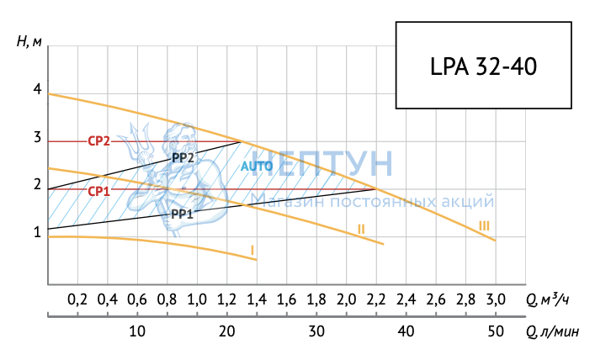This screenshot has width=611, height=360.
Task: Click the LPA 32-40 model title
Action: point(482,66)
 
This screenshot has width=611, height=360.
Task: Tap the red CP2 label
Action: point(99,140)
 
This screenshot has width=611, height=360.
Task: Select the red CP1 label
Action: point(99,191)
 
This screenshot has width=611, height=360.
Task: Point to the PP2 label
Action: point(183,157)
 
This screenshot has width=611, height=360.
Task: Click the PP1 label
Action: point(182,214)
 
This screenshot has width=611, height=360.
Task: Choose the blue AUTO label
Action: point(257,167)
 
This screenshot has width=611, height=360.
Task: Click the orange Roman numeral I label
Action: point(252,250)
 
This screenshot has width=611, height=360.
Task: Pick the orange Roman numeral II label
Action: point(360,229)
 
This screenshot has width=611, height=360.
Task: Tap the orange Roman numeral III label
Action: point(484,225)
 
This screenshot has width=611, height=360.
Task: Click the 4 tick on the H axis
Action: point(37,89)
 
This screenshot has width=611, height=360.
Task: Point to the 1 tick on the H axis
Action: point(37,232)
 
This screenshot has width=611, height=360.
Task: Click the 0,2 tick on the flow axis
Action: point(77,299)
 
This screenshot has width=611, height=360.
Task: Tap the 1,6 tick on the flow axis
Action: point(286,299)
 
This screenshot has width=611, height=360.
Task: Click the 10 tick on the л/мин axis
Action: point(137,331)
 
